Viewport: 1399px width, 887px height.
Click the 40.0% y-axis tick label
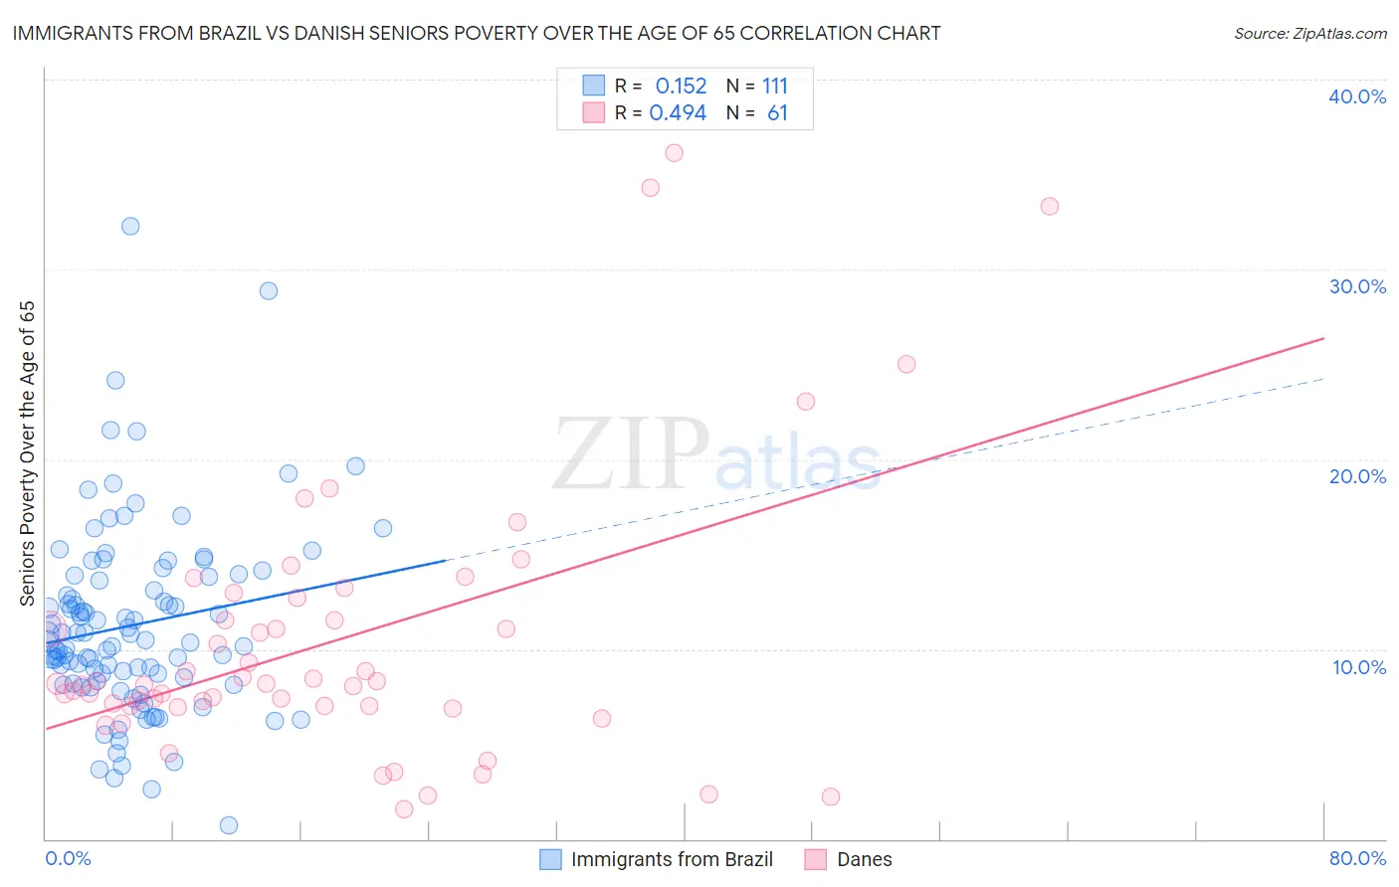pyautogui.click(x=1357, y=96)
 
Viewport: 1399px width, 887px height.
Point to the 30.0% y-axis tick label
pyautogui.click(x=1357, y=286)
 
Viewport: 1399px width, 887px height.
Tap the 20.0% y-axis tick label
pyautogui.click(x=1357, y=476)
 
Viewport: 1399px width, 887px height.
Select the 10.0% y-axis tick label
pyautogui.click(x=1359, y=667)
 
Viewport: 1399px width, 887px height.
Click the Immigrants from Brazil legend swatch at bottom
pyautogui.click(x=550, y=859)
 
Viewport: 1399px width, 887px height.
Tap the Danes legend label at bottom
pyautogui.click(x=864, y=859)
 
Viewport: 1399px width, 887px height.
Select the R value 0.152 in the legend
pyautogui.click(x=681, y=87)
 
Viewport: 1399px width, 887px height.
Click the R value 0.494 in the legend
pyautogui.click(x=678, y=113)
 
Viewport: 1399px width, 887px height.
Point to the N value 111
pyautogui.click(x=775, y=87)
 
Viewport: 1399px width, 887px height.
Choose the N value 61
pyautogui.click(x=777, y=113)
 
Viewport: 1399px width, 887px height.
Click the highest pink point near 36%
pyautogui.click(x=674, y=153)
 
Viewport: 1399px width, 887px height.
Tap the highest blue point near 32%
pyautogui.click(x=130, y=226)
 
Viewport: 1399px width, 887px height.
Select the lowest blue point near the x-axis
pyautogui.click(x=229, y=825)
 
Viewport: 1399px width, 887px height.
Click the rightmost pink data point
pyautogui.click(x=1050, y=207)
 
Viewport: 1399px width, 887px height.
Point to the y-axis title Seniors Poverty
pyautogui.click(x=27, y=452)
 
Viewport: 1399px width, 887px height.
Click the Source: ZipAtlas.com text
pyautogui.click(x=1309, y=34)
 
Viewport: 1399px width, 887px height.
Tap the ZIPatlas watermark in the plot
pyautogui.click(x=716, y=455)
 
